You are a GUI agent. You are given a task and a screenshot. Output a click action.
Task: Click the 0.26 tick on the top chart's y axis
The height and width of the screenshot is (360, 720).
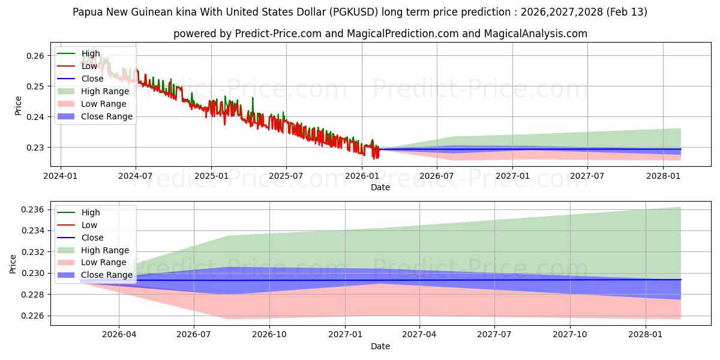point(35,56)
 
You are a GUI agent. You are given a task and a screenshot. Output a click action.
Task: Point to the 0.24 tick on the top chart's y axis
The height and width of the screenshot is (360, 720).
point(35,117)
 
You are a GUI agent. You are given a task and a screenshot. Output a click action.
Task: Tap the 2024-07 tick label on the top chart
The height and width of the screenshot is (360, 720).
point(136,176)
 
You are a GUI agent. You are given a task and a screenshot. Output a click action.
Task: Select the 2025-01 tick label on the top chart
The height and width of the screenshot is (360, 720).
point(211,176)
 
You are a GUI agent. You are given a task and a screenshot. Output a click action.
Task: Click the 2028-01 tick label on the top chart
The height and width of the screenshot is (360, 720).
point(662,176)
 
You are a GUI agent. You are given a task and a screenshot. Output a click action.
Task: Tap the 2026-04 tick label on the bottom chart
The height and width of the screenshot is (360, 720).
point(119,335)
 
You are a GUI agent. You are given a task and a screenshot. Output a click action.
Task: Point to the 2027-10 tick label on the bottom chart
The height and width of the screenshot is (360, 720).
point(569,335)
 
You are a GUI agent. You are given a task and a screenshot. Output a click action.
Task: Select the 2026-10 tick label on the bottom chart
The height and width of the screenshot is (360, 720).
point(269,335)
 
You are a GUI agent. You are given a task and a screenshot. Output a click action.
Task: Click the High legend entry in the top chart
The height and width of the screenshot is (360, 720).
point(91,53)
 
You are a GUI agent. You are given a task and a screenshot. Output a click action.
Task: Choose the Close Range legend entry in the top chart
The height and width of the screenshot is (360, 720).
point(106,116)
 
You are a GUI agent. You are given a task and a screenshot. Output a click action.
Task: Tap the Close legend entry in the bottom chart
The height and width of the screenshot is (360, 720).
point(92,238)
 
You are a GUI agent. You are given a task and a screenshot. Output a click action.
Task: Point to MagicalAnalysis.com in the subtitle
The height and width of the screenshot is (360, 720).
point(536,34)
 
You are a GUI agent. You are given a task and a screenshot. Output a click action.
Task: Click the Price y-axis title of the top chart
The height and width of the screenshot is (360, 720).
point(18,106)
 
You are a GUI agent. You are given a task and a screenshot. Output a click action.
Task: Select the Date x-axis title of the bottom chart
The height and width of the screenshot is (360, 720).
point(380,346)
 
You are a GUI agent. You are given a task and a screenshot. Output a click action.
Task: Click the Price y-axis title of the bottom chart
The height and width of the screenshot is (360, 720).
point(13,263)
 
